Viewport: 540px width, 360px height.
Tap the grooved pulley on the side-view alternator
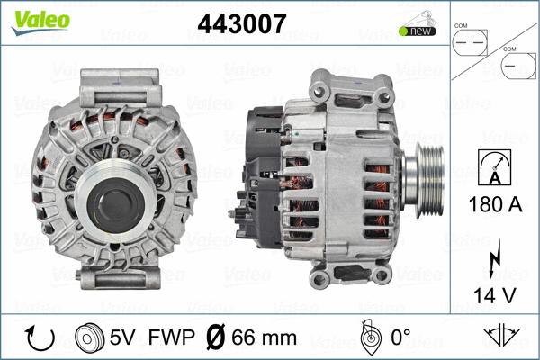coord(425,175)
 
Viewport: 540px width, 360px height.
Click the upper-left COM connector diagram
coord(469,40)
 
